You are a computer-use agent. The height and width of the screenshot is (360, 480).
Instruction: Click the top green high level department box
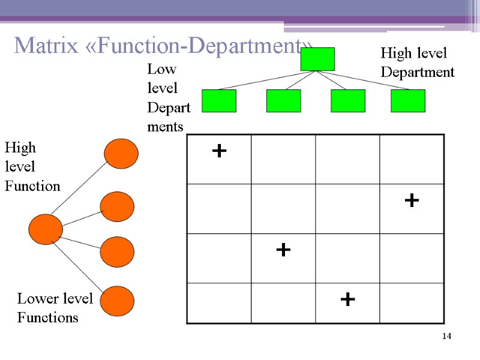(317, 59)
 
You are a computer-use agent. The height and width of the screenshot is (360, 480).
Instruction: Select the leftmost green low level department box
(219, 101)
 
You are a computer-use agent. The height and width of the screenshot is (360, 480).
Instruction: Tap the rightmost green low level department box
(408, 101)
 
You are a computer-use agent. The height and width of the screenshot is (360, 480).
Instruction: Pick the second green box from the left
(283, 101)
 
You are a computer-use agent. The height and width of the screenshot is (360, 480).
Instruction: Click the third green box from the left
(348, 101)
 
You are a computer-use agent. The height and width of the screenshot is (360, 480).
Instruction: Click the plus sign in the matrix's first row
(220, 151)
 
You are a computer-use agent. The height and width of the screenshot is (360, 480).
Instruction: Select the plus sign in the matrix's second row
(412, 200)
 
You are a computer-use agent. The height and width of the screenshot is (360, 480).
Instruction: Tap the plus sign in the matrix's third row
(283, 249)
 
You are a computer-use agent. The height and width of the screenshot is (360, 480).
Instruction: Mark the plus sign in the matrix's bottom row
(347, 298)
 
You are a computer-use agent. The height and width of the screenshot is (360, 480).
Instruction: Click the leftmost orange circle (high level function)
(46, 229)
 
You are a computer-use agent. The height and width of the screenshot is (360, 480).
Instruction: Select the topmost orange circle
(121, 154)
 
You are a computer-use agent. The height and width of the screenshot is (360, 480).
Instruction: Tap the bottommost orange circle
(117, 301)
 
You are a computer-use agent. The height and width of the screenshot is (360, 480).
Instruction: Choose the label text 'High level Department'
(417, 63)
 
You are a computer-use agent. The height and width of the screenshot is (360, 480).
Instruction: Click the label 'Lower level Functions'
(55, 308)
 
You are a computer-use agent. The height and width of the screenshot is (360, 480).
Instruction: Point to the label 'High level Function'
(32, 167)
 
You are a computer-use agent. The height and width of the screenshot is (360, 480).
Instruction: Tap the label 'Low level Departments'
(168, 98)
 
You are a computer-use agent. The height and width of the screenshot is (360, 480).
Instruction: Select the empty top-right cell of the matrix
(412, 159)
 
